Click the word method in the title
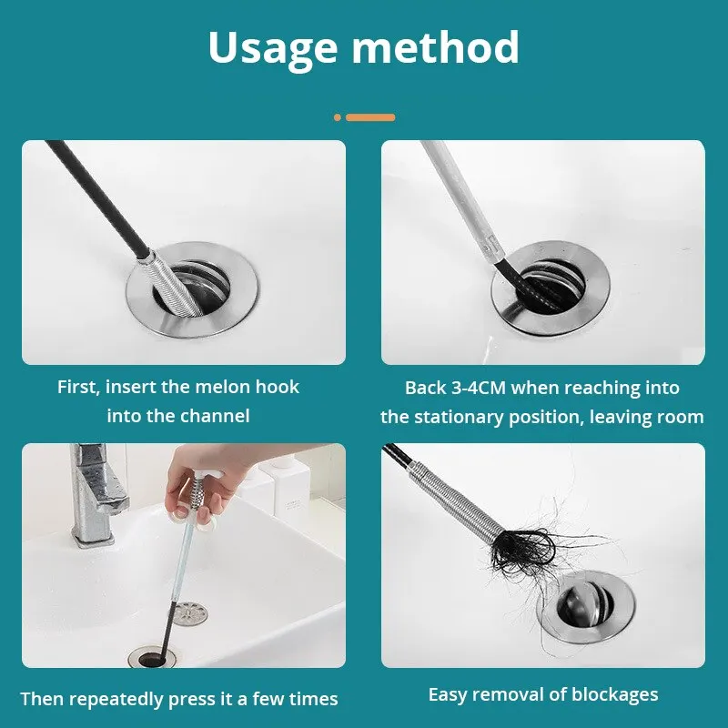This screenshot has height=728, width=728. [x=442, y=47]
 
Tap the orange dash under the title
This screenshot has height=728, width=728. [x=370, y=117]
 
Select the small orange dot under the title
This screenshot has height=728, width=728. [x=338, y=117]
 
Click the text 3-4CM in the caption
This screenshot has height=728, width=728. [x=477, y=388]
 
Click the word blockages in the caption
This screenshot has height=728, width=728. [x=614, y=694]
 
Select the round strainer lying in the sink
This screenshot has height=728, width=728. [x=190, y=613]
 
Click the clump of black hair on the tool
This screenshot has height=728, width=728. [x=521, y=546]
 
